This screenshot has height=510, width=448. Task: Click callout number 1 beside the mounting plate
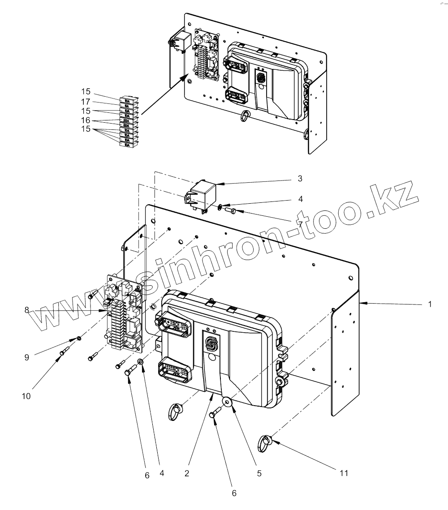429,304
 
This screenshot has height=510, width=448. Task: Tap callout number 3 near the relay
300,179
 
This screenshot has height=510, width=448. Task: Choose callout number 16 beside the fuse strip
86,120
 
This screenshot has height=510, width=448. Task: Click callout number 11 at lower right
344,472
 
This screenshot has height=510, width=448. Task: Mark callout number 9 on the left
26,357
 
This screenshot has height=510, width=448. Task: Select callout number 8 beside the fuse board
26,309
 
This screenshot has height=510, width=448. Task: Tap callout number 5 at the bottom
259,472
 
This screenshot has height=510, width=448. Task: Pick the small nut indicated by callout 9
79,338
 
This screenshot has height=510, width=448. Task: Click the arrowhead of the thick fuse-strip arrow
185,77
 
